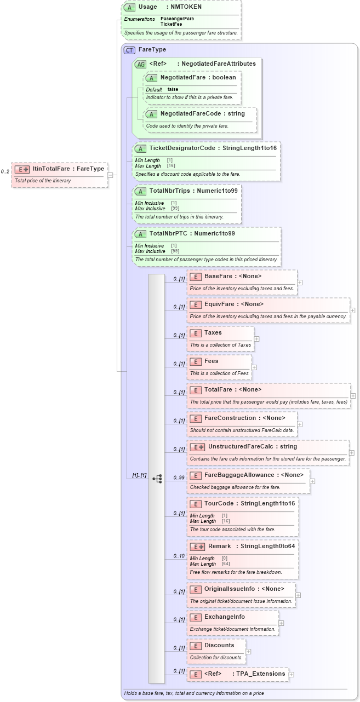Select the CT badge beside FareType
pos(129,50)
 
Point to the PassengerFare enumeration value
pos(177,19)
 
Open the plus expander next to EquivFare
pos(352,310)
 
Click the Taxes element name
pos(213,332)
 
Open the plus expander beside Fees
pos(254,367)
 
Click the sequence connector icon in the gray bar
pos(157,478)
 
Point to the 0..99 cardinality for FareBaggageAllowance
pos(179,477)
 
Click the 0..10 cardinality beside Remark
pos(179,556)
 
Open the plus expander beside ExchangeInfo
pos(281,623)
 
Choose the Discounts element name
pos(219,645)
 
